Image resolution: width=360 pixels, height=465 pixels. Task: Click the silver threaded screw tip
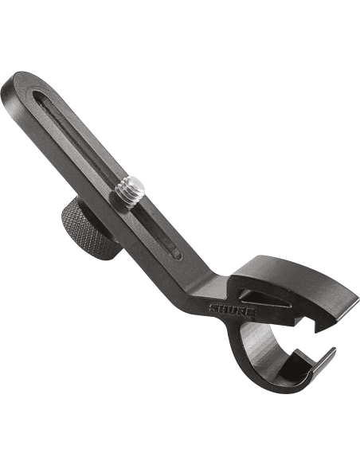[x=130, y=191]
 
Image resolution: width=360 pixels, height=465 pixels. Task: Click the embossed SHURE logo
[x=233, y=310]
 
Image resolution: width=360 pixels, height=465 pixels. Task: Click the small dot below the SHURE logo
[x=252, y=318]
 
